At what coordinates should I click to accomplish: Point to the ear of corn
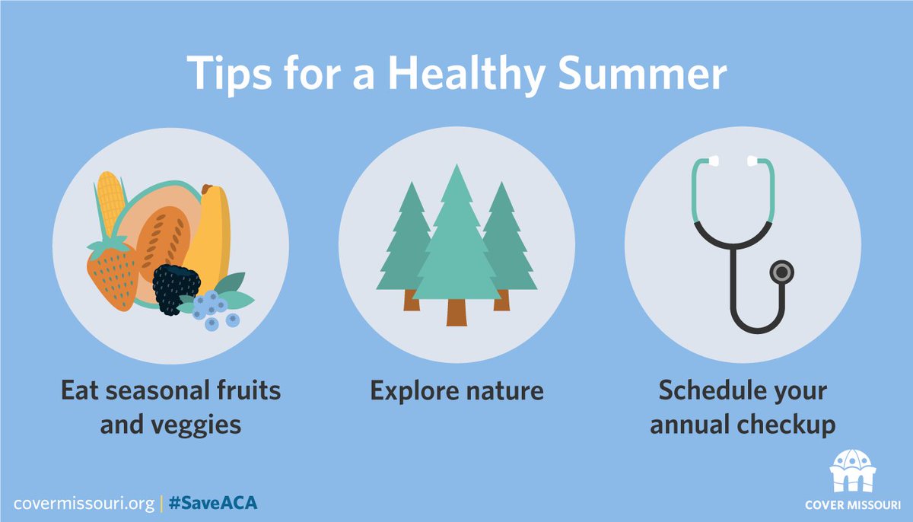[111, 202]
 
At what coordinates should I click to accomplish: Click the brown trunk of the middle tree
[456, 312]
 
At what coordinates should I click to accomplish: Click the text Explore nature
[456, 391]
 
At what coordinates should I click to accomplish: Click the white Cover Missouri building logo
[852, 471]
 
